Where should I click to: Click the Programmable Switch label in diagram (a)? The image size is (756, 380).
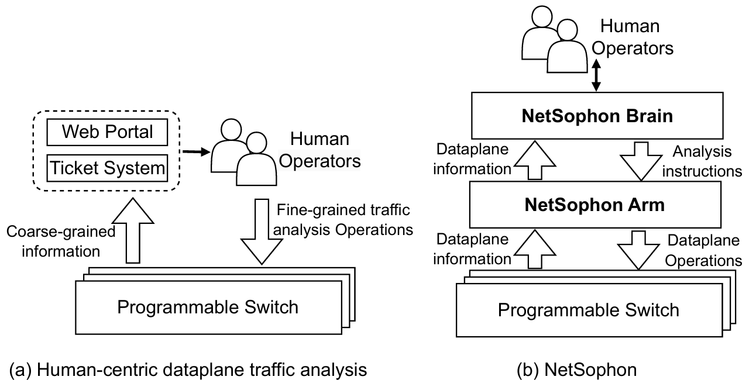(x=208, y=306)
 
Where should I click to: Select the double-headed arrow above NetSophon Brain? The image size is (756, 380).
(x=596, y=74)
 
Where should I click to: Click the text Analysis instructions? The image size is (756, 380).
(x=707, y=161)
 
